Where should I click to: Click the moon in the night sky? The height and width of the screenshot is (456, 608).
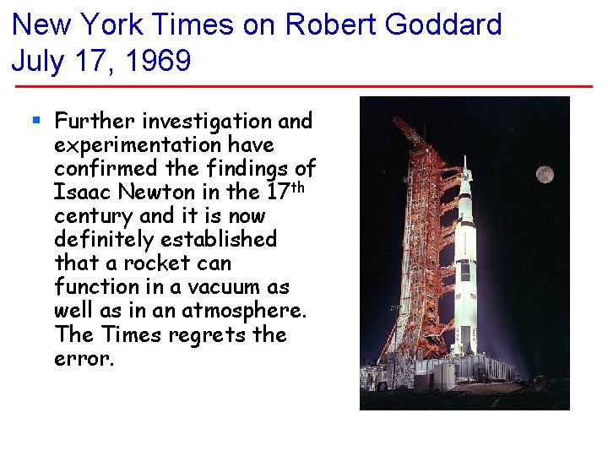click(x=545, y=175)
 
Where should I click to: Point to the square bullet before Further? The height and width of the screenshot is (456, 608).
click(x=35, y=121)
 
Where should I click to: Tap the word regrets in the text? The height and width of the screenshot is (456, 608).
click(x=210, y=334)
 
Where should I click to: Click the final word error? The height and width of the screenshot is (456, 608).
click(x=83, y=358)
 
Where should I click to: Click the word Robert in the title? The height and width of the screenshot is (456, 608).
click(x=331, y=24)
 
